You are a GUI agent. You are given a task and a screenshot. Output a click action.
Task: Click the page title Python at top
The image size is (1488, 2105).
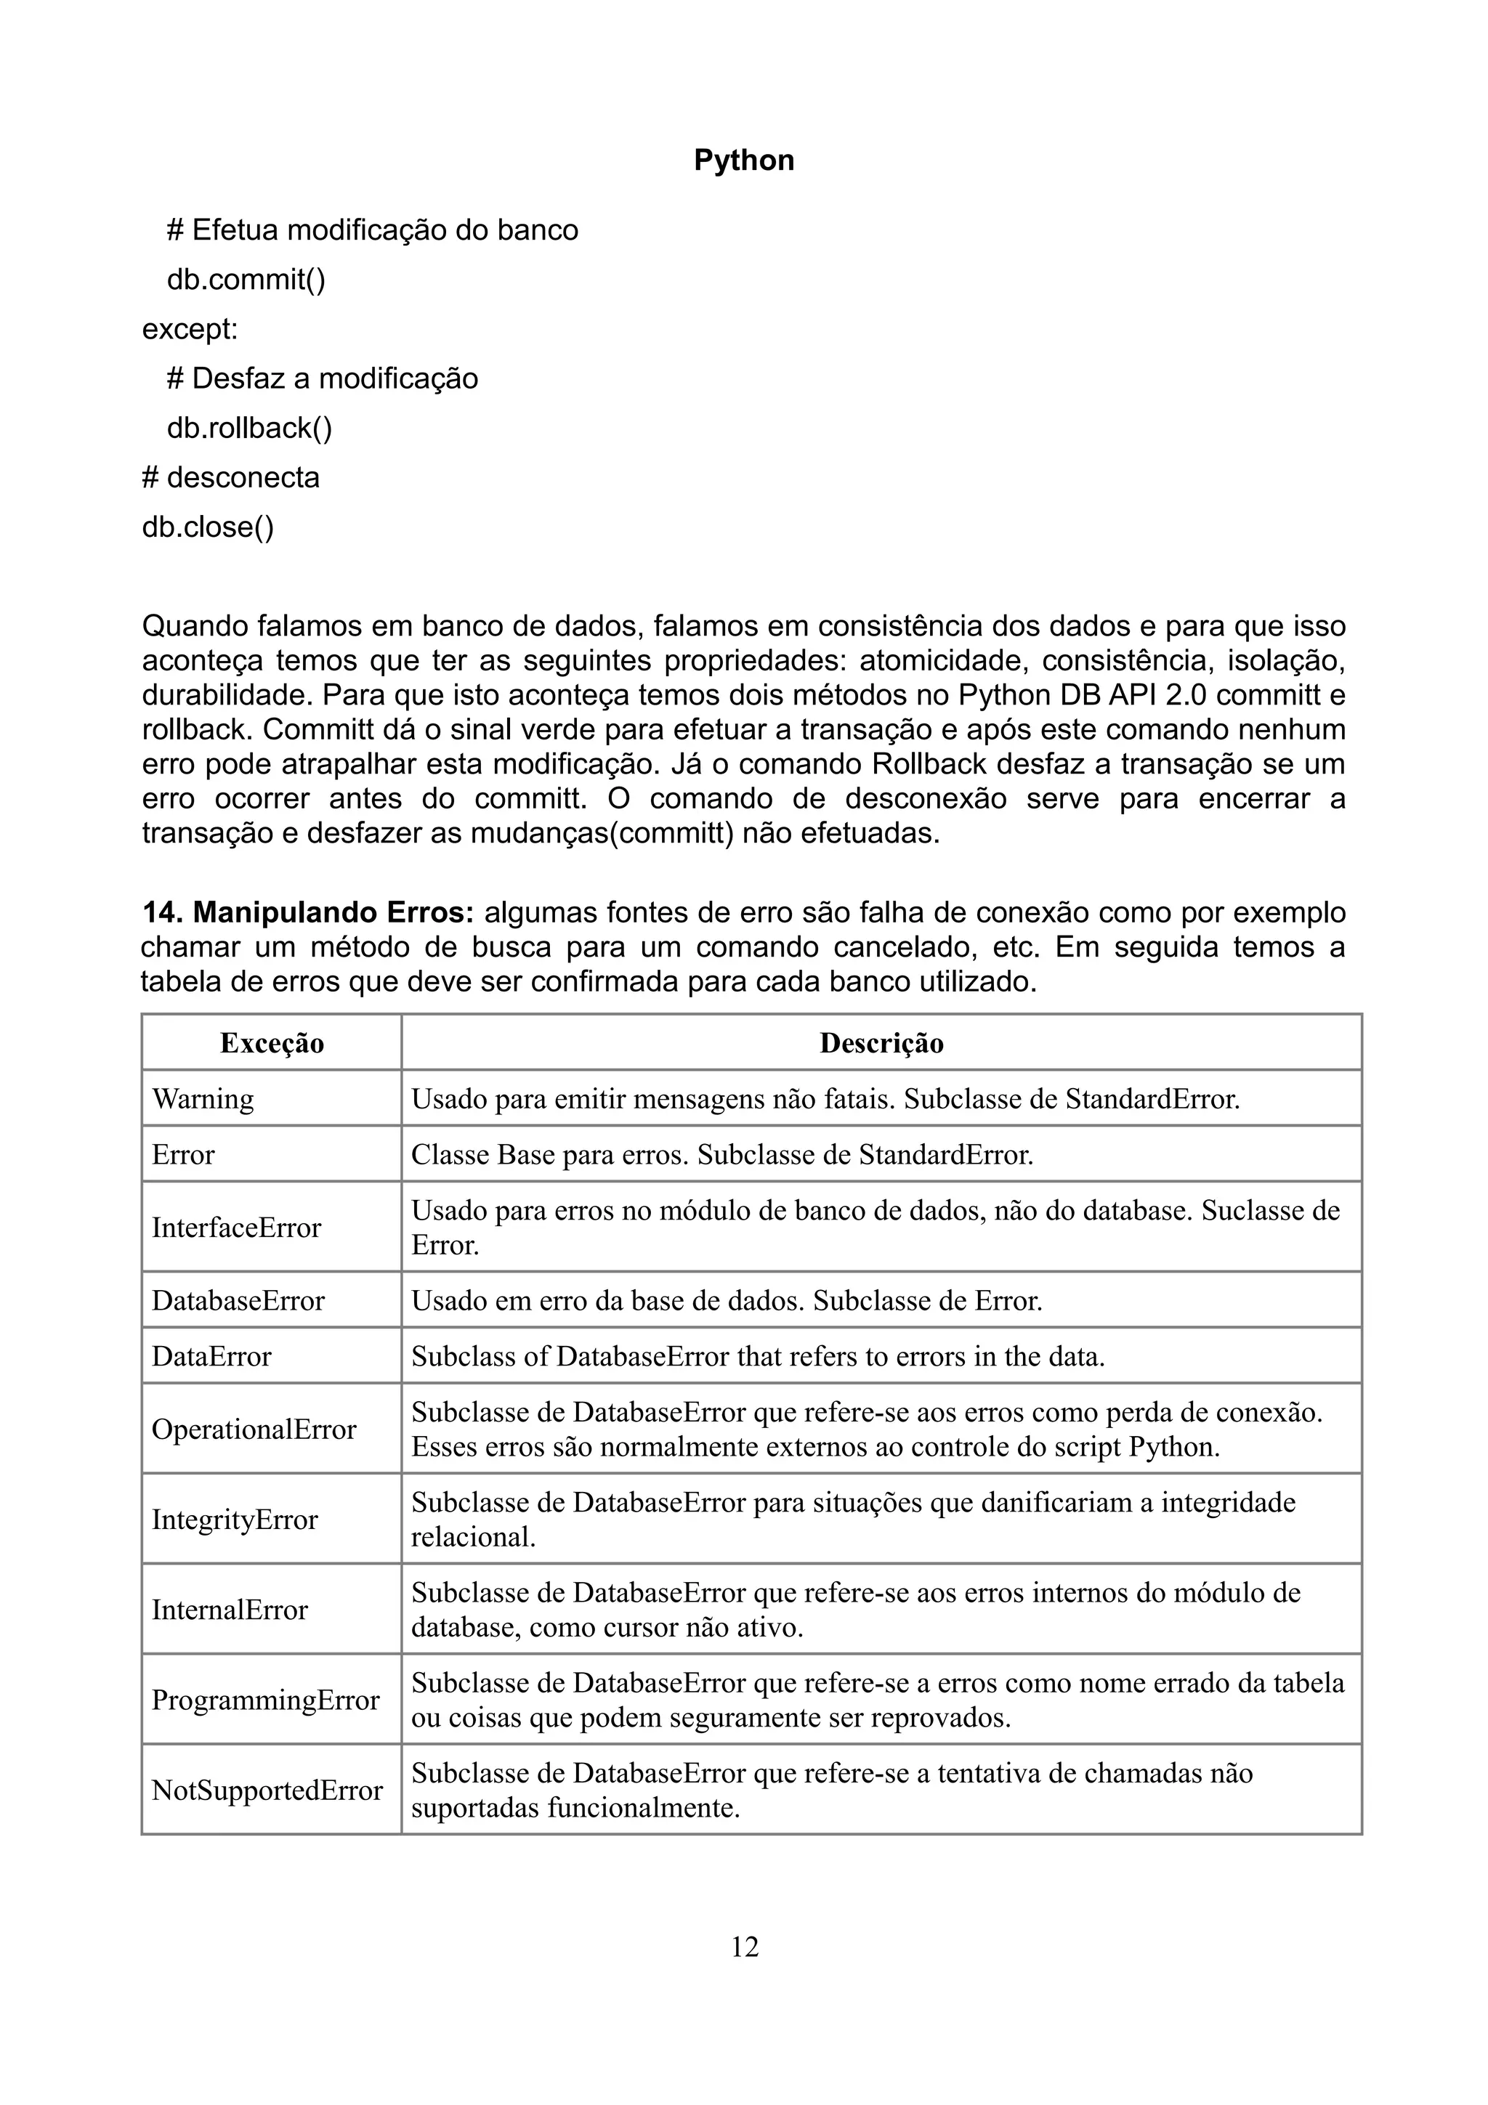743,161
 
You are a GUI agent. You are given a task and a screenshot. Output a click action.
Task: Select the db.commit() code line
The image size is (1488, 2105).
246,279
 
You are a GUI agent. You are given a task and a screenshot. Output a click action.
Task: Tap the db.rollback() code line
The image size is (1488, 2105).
248,428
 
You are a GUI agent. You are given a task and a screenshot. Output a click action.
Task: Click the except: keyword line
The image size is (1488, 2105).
190,328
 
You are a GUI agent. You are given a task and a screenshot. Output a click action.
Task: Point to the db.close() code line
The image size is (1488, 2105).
208,527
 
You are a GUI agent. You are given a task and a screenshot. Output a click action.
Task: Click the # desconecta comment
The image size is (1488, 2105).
231,478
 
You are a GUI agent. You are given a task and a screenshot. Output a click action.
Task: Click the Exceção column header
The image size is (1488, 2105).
272,1043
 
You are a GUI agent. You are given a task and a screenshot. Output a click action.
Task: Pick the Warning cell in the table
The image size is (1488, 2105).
203,1098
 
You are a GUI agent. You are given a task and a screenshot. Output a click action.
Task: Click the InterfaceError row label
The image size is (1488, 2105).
237,1228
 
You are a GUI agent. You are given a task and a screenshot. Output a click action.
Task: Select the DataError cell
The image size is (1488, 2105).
211,1356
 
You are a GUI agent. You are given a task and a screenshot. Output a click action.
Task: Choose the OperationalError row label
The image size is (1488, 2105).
254,1429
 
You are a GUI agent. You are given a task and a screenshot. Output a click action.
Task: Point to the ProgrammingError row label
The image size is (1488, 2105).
265,1700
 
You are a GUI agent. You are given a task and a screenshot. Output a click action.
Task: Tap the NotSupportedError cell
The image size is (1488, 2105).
267,1790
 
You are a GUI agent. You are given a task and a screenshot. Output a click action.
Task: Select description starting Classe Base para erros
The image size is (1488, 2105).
721,1154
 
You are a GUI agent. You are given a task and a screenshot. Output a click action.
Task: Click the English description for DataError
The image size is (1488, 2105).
757,1356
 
